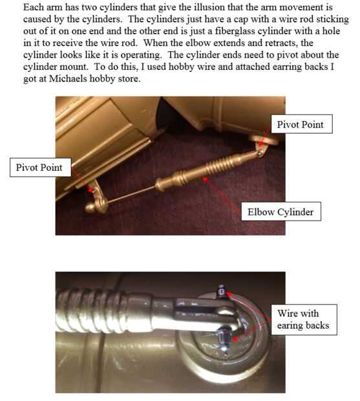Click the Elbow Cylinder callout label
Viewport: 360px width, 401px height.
(x=281, y=211)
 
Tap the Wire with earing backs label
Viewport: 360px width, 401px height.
(x=304, y=320)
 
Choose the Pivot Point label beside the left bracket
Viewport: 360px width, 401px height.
(x=40, y=168)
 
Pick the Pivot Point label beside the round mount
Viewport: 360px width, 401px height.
(x=301, y=124)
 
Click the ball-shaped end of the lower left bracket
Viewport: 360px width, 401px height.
(x=90, y=208)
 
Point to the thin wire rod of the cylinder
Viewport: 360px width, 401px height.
(x=131, y=195)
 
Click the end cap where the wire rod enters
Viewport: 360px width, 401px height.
(x=161, y=184)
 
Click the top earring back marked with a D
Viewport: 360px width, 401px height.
(x=222, y=292)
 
